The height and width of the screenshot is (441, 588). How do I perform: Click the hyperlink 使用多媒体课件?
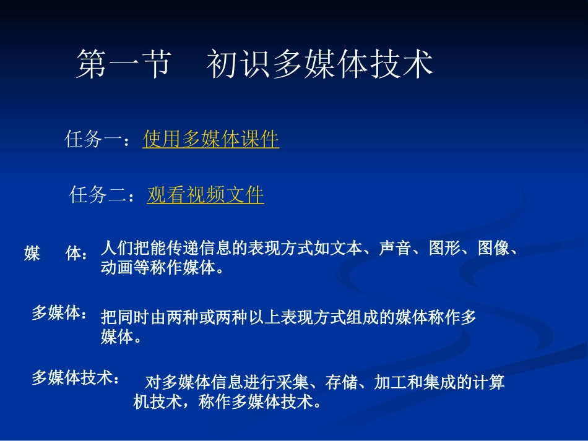[210, 139]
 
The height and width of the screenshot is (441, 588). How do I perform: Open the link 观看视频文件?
[205, 195]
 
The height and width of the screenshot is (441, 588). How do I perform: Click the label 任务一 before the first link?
[93, 140]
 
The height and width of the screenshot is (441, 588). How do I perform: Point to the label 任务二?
[98, 195]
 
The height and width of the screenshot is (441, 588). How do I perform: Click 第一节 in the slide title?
[123, 64]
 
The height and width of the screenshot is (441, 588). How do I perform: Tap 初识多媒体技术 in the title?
[319, 64]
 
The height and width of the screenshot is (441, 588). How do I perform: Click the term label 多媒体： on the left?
[59, 314]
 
